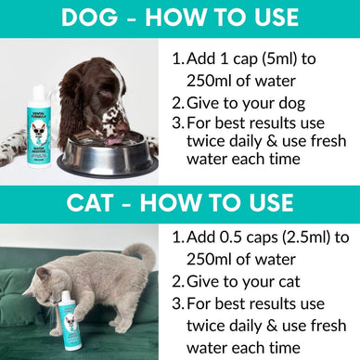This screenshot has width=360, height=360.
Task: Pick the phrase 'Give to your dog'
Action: pyautogui.click(x=246, y=102)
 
